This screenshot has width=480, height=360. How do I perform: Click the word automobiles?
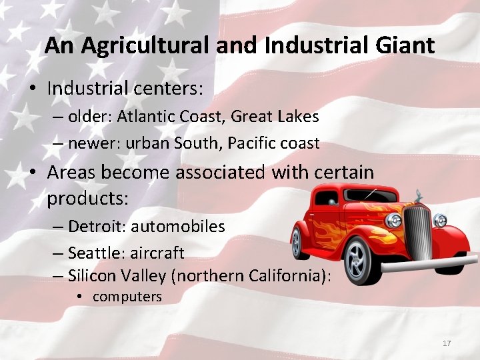[178, 227]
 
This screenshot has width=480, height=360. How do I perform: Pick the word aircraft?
[157, 253]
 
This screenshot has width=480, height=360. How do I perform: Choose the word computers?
[127, 297]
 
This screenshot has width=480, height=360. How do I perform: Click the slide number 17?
[447, 343]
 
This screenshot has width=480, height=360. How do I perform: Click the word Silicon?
[94, 275]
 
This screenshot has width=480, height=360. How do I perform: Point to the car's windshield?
[373, 197]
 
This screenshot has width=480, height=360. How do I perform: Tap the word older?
[89, 117]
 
